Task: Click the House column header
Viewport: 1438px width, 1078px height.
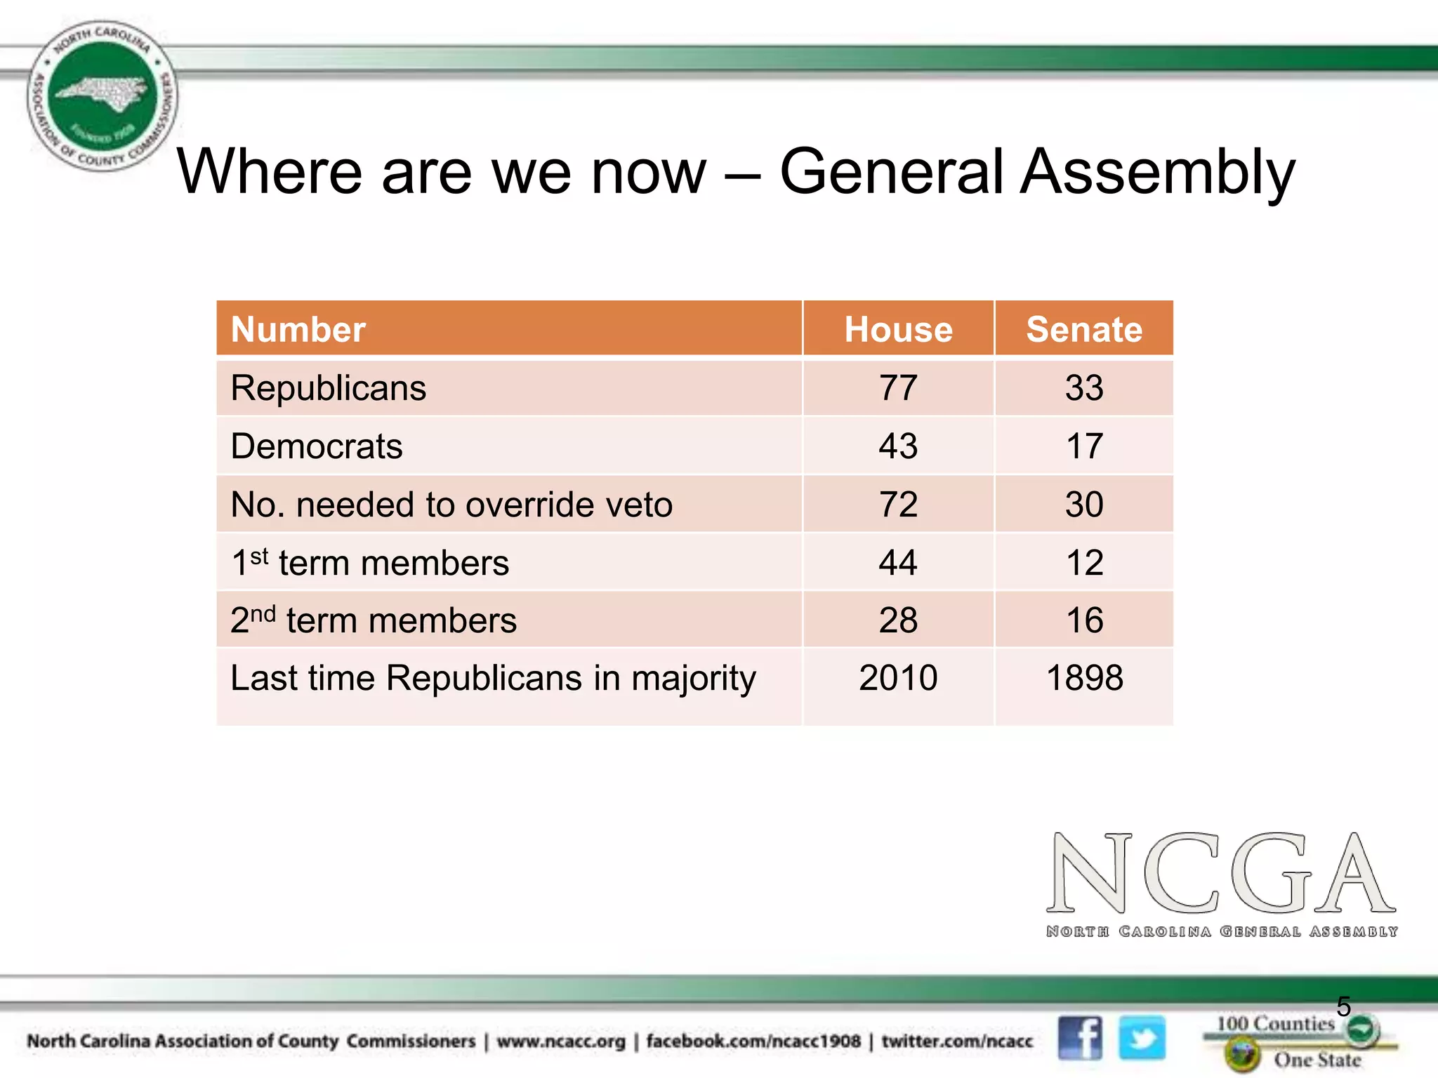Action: click(x=898, y=329)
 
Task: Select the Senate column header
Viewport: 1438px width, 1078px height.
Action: click(x=1084, y=329)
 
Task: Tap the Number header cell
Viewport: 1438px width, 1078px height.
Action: click(x=298, y=329)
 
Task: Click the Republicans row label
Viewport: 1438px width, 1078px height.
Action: click(x=329, y=388)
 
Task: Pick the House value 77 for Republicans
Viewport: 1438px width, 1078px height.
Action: click(x=898, y=388)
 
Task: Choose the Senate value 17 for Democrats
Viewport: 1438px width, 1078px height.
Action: click(x=1084, y=446)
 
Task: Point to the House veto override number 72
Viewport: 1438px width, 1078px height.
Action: click(x=898, y=505)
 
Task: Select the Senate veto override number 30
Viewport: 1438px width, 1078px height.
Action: click(x=1084, y=505)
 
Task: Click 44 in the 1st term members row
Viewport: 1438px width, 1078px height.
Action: click(x=898, y=563)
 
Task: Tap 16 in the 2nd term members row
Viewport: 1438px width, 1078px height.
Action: click(x=1084, y=620)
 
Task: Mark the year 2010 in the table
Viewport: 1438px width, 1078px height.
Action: click(x=898, y=678)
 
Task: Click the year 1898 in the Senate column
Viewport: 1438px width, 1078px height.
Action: click(x=1084, y=678)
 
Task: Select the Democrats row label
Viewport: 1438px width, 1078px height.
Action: click(x=317, y=446)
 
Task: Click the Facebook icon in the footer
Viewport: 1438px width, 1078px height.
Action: click(x=1080, y=1038)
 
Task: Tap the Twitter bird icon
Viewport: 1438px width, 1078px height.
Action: click(x=1142, y=1038)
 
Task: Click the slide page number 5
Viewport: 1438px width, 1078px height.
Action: click(x=1343, y=1006)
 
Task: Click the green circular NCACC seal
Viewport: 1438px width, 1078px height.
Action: click(x=103, y=96)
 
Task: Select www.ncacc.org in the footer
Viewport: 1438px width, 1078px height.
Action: click(x=560, y=1042)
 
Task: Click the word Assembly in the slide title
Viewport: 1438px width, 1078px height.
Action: click(x=1157, y=173)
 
